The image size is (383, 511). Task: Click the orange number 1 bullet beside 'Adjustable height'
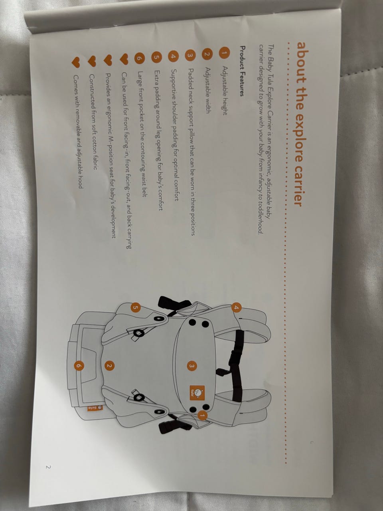click(224, 53)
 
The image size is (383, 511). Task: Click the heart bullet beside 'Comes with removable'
click(76, 62)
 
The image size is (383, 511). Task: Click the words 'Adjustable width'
click(208, 90)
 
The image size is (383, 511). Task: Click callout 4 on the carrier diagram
click(236, 308)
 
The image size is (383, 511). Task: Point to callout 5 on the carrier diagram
click(135, 307)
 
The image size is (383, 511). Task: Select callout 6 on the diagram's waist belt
click(79, 366)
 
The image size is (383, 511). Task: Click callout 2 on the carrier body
click(109, 366)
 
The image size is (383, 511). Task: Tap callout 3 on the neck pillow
click(191, 366)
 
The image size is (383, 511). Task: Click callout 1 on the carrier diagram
click(202, 415)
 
